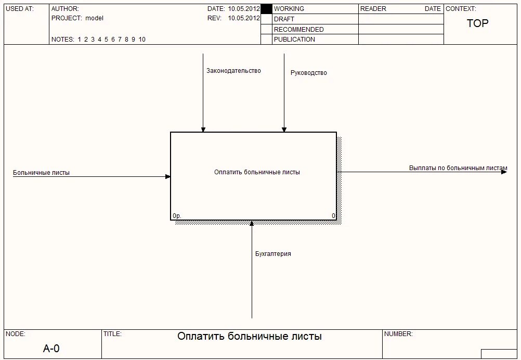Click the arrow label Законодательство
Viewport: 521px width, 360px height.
coord(233,71)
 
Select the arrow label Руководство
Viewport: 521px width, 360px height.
coord(308,73)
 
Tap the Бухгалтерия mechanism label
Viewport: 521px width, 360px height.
coord(273,254)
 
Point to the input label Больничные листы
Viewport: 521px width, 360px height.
coord(41,173)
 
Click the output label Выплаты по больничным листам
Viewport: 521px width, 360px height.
coord(458,168)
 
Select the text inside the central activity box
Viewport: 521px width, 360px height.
coord(257,172)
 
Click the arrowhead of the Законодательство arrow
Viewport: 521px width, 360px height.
coord(203,129)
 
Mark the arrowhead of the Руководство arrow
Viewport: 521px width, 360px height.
coord(284,129)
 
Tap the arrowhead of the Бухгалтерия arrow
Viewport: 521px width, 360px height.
coord(252,224)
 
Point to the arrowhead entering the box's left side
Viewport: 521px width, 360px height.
coord(167,176)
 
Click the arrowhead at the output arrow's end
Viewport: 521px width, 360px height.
coord(504,172)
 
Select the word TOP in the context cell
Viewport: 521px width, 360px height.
coord(477,23)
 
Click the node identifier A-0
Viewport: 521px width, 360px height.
coord(51,349)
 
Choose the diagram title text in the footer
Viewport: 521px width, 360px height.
coord(250,337)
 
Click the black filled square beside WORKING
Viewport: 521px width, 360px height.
coord(266,9)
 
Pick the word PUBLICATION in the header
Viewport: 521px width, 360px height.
coord(294,40)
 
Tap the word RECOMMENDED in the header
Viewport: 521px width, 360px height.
coord(298,30)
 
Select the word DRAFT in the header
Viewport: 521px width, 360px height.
coord(284,19)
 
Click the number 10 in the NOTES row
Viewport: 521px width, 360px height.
coord(142,40)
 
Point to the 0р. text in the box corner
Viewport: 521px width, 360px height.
coord(177,215)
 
